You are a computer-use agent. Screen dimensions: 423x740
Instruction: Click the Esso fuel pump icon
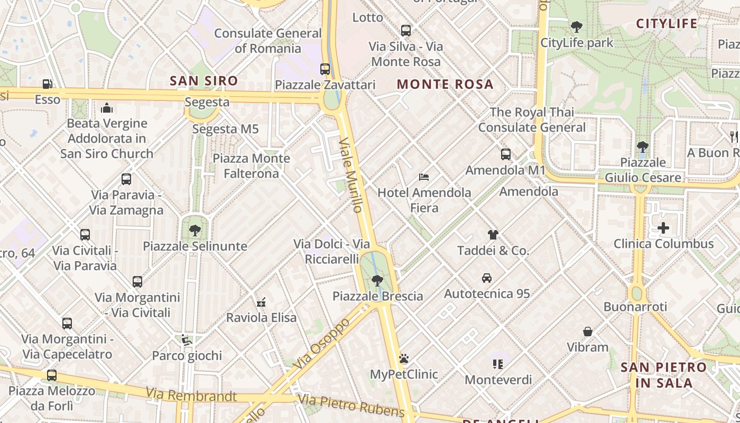[47, 84]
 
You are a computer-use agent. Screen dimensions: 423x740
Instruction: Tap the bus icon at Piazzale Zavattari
[325, 69]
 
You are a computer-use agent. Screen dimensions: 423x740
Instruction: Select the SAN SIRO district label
[203, 81]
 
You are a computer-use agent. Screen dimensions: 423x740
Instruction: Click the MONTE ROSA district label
[445, 84]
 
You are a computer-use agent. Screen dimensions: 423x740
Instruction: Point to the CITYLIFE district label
[667, 24]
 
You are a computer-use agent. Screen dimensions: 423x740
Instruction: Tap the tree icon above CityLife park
[577, 26]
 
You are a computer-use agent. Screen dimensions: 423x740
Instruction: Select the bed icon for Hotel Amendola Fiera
[423, 177]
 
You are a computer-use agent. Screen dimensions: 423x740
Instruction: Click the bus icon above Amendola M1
[506, 154]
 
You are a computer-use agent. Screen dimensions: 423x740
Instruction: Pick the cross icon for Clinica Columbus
[663, 228]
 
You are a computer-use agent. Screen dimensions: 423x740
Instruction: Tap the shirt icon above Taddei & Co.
[493, 234]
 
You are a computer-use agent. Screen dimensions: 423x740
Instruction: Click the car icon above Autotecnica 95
[487, 278]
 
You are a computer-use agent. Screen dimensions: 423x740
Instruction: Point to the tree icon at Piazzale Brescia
[377, 280]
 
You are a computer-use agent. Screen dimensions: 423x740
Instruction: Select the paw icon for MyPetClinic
[404, 358]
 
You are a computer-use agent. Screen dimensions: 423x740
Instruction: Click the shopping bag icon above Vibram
[588, 332]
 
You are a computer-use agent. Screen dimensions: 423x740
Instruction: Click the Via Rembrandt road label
[191, 394]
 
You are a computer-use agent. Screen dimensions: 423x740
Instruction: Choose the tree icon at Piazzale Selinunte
[195, 230]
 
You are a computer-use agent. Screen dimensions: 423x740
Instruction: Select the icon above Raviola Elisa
[261, 302]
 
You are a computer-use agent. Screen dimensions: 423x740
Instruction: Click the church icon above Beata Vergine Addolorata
[107, 108]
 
